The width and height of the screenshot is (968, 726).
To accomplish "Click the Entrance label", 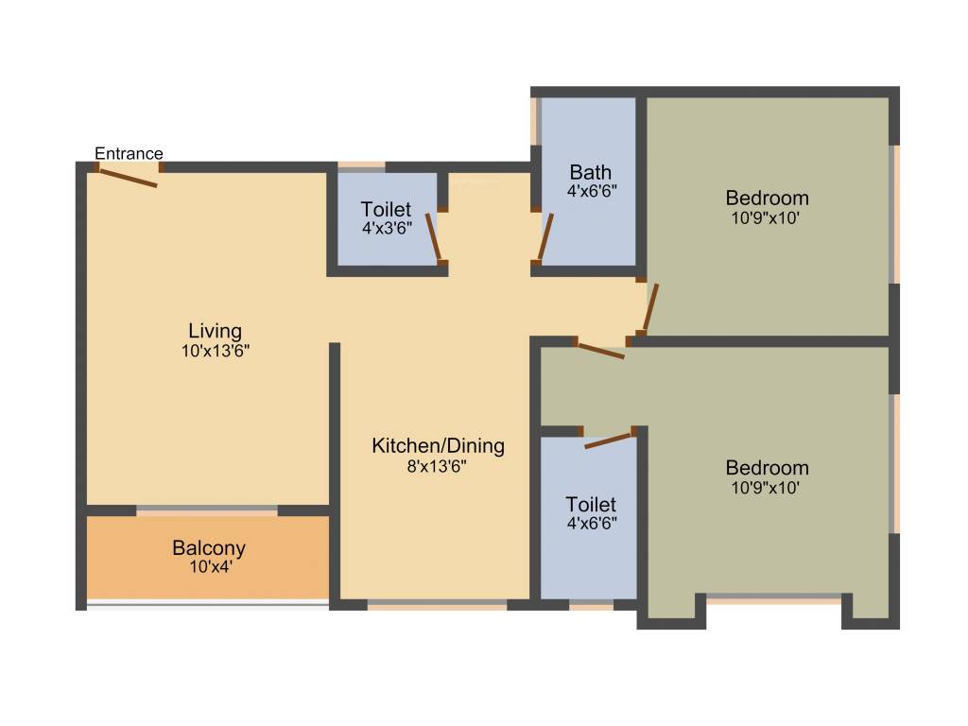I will (129, 153).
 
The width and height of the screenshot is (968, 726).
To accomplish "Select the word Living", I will (215, 331).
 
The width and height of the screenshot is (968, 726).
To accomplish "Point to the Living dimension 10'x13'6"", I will (215, 351).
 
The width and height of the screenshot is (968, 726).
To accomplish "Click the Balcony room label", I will (209, 547).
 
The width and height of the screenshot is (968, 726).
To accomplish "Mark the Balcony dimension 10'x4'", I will (209, 567).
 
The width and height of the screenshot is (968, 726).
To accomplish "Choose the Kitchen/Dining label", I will (438, 445).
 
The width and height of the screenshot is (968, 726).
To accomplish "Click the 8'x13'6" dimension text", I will (438, 465).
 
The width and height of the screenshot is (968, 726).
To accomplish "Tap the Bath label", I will (590, 172).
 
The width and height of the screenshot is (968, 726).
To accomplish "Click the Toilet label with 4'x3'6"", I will (386, 209).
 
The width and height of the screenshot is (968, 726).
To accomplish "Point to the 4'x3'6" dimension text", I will (386, 228).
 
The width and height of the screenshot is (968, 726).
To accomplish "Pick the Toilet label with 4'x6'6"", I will (591, 504).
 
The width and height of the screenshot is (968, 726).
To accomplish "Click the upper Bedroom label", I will (767, 198).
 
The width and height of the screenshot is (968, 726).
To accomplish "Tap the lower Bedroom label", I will (767, 467).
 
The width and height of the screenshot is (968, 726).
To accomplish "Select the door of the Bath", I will (544, 238).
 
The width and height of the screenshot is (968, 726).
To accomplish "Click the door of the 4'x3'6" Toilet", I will (434, 237).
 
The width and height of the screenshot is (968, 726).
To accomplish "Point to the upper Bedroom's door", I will (650, 306).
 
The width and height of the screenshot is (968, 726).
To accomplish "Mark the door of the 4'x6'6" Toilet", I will (609, 440).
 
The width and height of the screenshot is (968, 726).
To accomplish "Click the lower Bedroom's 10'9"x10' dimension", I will (767, 488).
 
